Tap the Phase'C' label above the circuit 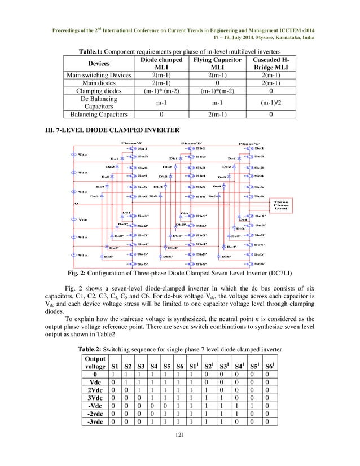251,143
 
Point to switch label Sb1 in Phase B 200,148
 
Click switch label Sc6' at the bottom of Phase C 259,263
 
